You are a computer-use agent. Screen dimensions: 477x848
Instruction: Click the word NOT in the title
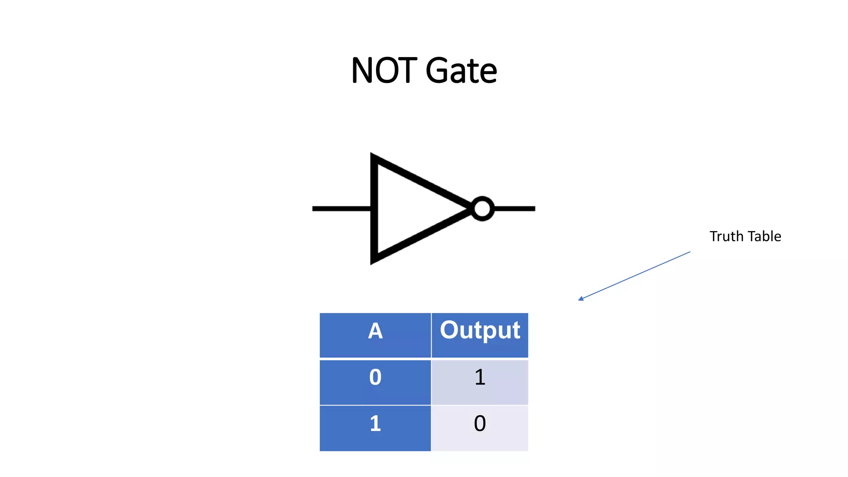(x=384, y=70)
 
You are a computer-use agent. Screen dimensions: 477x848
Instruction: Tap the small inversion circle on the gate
(x=482, y=208)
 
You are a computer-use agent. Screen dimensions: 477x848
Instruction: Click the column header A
(x=375, y=331)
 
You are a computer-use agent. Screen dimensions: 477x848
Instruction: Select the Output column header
(x=479, y=330)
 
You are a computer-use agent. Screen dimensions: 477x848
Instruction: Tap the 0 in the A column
(x=375, y=377)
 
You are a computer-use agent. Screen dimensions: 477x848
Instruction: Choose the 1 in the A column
(x=375, y=424)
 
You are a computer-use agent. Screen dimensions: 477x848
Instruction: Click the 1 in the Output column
(x=479, y=377)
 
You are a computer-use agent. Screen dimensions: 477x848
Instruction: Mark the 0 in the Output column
(x=479, y=424)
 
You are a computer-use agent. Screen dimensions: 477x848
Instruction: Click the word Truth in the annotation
(x=726, y=236)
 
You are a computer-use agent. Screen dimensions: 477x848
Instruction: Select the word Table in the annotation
(x=764, y=236)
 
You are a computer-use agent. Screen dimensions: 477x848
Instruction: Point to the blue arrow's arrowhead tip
(x=579, y=300)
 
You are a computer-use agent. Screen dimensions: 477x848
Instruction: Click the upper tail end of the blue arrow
(x=690, y=252)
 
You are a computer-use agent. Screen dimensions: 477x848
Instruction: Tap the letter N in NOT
(x=361, y=70)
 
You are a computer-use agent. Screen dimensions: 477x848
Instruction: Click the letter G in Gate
(x=438, y=70)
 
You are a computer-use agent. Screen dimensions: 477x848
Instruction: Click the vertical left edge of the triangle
(x=374, y=208)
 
